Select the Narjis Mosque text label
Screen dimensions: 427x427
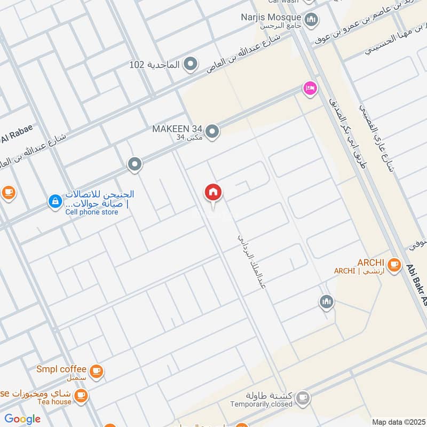(x=278, y=17)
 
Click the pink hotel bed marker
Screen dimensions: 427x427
(x=310, y=89)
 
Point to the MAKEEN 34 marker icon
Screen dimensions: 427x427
(x=212, y=131)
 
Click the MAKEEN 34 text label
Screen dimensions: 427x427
(x=177, y=129)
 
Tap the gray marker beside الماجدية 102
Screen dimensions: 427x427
(x=190, y=65)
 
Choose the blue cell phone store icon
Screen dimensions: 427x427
(x=54, y=201)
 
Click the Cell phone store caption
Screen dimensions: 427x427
(x=92, y=212)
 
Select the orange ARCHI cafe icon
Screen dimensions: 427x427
(x=394, y=264)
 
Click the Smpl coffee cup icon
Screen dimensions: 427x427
(x=96, y=371)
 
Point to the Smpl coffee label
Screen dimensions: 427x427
(x=61, y=369)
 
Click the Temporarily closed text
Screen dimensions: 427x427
(x=262, y=404)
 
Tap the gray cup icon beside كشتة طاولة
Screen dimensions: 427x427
(x=303, y=397)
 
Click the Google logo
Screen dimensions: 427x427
(x=22, y=419)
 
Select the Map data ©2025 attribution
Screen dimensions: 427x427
(x=398, y=422)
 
